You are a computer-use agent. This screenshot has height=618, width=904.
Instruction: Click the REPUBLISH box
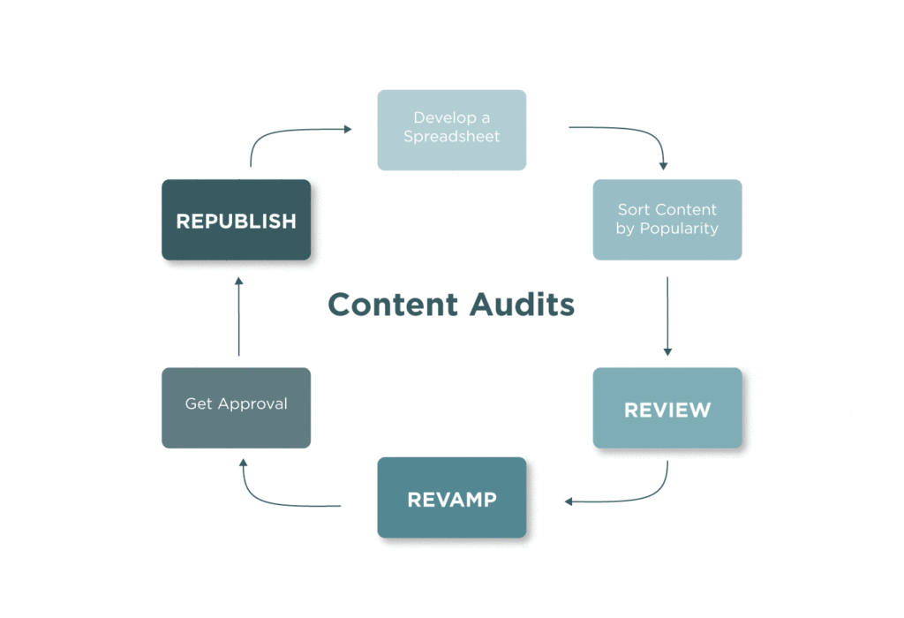[x=236, y=220]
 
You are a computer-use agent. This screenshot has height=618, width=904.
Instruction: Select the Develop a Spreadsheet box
[x=451, y=129]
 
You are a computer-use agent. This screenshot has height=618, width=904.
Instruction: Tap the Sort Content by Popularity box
[x=667, y=219]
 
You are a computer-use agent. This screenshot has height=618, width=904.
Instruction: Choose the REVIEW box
[x=667, y=409]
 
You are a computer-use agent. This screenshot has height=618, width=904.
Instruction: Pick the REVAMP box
[x=451, y=498]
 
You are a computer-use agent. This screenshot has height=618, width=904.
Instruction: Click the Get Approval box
[x=236, y=407]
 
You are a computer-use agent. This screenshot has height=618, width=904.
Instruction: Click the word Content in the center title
[x=393, y=305]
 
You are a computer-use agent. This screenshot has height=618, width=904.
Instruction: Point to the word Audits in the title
[x=522, y=305]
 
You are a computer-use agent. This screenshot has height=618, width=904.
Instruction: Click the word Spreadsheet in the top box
[x=451, y=137]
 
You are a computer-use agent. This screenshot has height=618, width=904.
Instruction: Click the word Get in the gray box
[x=198, y=403]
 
